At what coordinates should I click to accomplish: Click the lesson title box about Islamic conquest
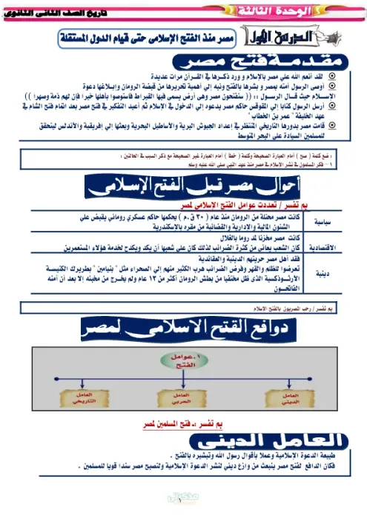pos(169,36)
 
